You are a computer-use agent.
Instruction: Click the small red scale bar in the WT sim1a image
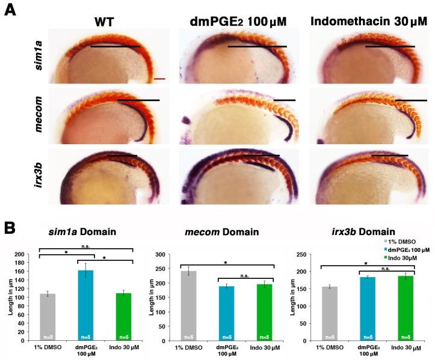click(x=159, y=78)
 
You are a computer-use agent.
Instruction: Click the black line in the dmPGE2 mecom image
click(x=285, y=100)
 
